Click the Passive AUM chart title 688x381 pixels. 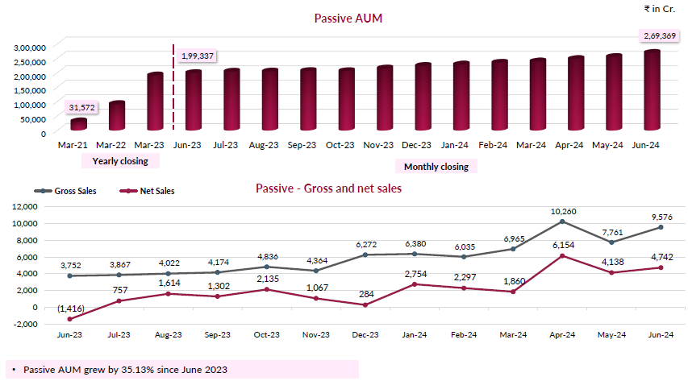click(x=348, y=18)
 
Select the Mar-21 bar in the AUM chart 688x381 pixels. click(x=78, y=124)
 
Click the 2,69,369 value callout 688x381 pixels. click(x=660, y=35)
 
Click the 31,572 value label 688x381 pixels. click(x=82, y=107)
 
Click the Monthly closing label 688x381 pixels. click(x=436, y=166)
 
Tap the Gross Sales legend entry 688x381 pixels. click(x=73, y=191)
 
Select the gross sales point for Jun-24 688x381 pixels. click(x=660, y=227)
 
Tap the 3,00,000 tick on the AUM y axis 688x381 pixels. click(x=29, y=47)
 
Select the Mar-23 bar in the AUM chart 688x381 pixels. click(x=155, y=101)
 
